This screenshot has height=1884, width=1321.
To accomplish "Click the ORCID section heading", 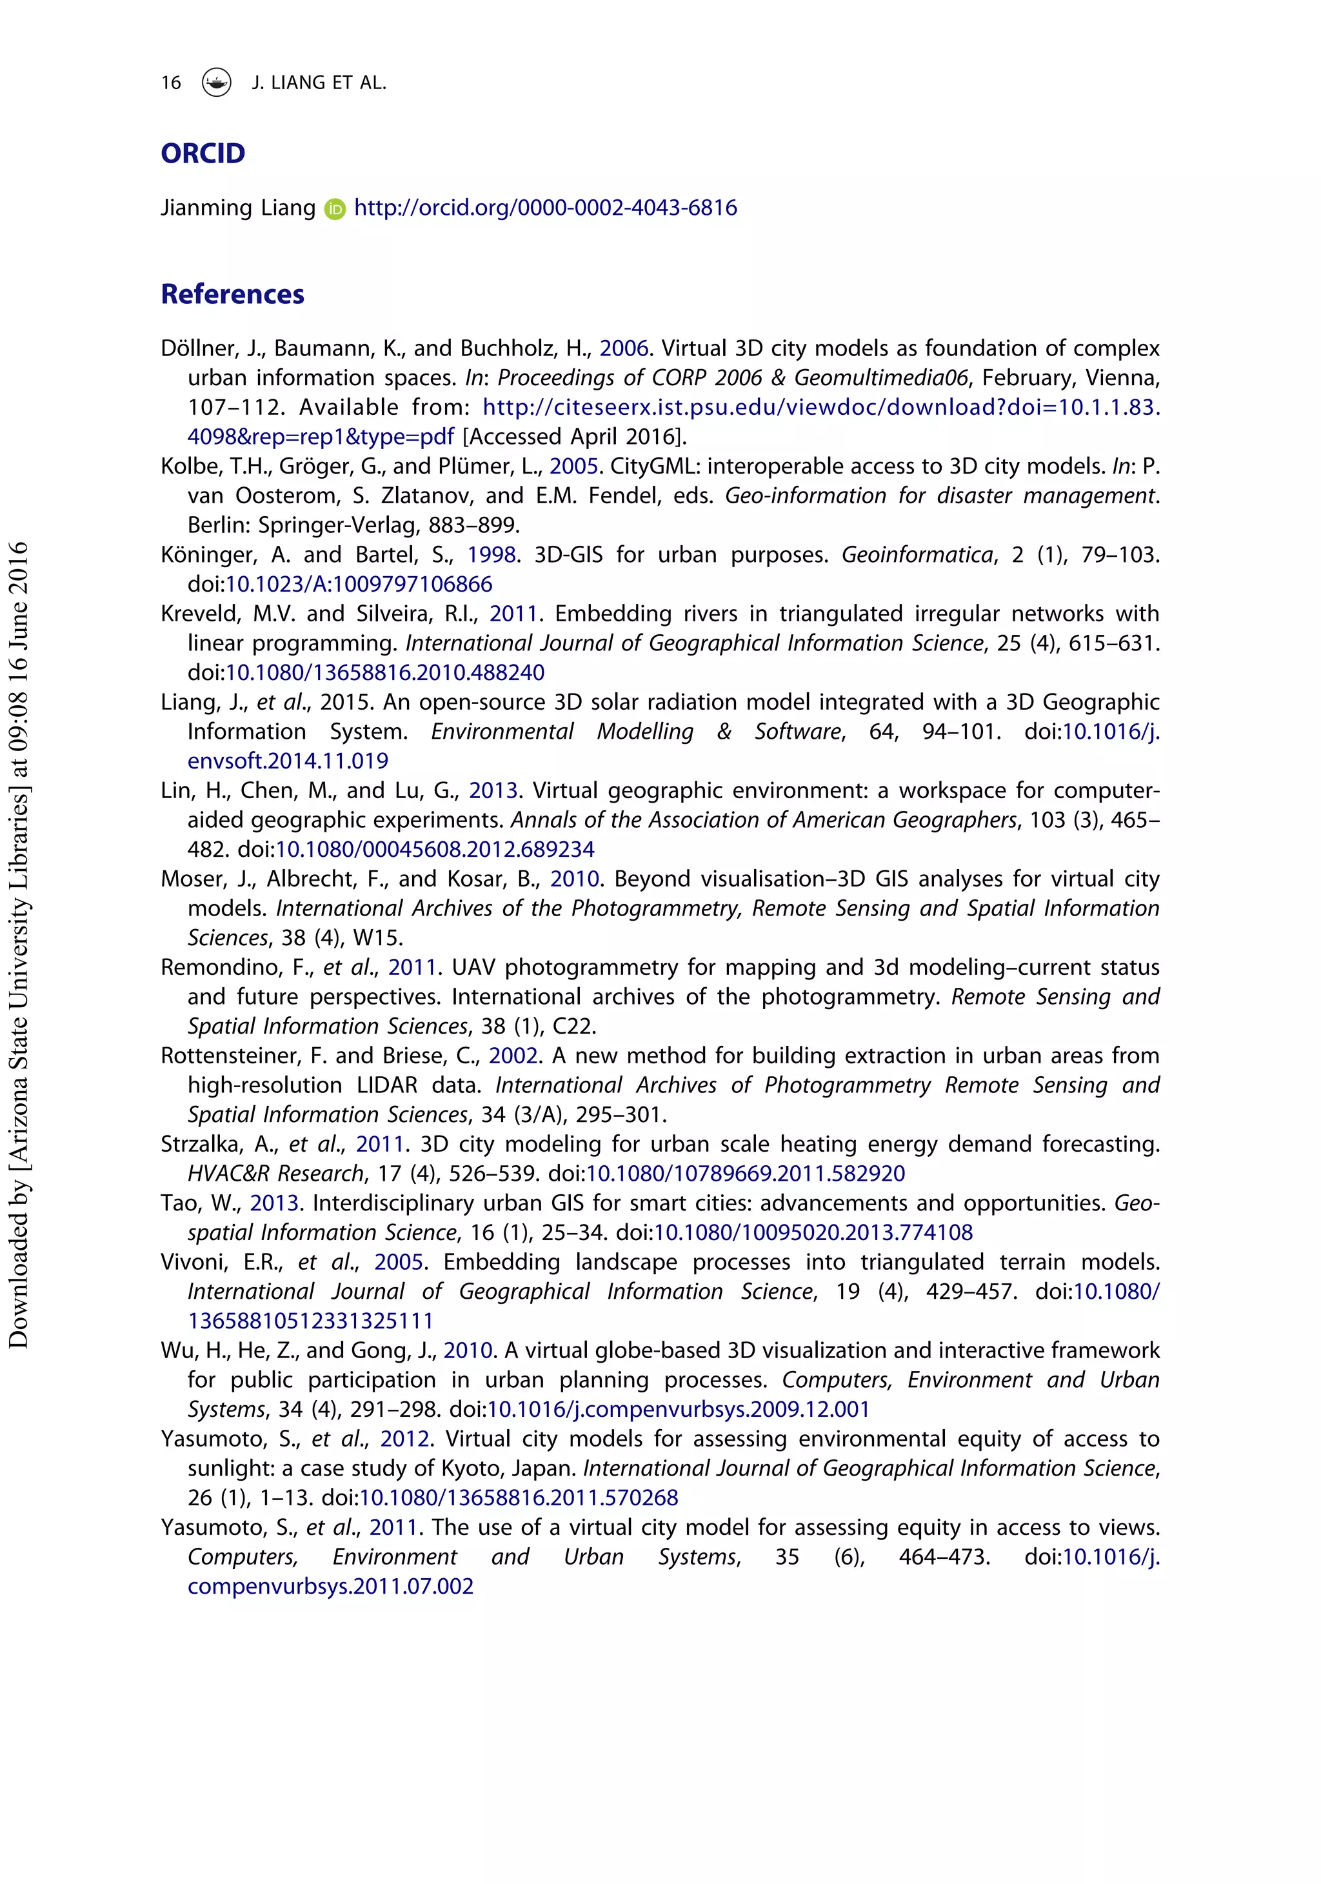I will pos(203,154).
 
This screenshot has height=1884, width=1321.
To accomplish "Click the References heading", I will pos(232,294).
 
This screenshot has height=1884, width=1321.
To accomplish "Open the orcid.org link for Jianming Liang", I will pos(545,208).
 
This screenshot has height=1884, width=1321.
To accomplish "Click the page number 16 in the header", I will pos(171,83).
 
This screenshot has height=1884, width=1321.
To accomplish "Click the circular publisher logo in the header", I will pos(217,82).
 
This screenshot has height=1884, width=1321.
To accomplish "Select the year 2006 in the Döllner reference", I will pos(624,349).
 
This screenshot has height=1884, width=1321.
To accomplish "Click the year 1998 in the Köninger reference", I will pos(492,556).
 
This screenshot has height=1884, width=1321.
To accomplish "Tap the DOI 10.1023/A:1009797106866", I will pos(359,585).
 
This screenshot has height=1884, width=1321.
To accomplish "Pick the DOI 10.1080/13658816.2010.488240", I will pos(385,673).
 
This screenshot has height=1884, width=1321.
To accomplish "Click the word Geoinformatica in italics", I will pos(917,556).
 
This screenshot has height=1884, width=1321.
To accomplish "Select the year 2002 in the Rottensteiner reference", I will pos(513,1056).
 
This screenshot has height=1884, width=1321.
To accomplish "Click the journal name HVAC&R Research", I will pos(275,1174).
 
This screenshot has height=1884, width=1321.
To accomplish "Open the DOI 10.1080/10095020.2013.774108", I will pos(813,1233).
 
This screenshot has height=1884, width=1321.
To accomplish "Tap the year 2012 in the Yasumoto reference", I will pos(405,1439).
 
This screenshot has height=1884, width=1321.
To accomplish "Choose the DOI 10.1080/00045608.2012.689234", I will pos(435,850).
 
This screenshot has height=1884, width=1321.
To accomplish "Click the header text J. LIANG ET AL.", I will pos(319,83).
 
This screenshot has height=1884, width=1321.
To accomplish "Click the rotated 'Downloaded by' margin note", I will pos(18,944).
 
